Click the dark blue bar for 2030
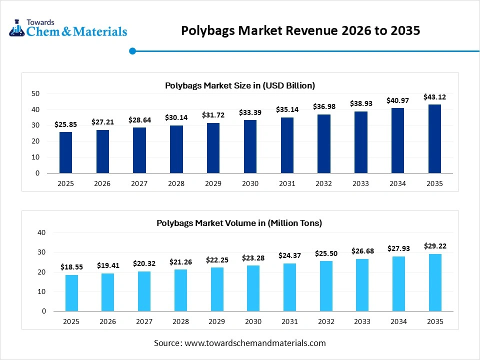(x=250, y=146)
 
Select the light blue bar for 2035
(x=434, y=282)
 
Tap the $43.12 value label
(x=434, y=97)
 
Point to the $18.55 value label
(x=71, y=267)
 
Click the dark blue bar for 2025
(x=65, y=152)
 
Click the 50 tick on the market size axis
(x=35, y=93)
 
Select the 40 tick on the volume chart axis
(x=41, y=232)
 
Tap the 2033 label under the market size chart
(x=360, y=183)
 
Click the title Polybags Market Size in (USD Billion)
(x=240, y=85)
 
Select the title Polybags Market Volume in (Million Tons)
(x=239, y=223)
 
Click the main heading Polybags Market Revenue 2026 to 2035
(x=300, y=31)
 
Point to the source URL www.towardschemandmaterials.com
(x=255, y=343)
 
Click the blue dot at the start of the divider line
(x=132, y=50)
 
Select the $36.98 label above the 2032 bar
(x=324, y=106)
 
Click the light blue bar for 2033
(x=362, y=285)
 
